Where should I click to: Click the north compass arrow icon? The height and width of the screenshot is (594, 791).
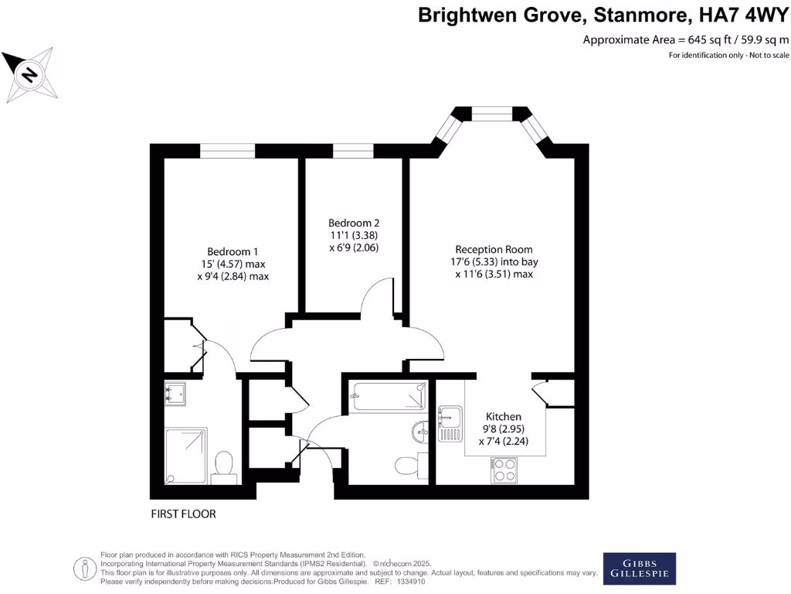(x=29, y=75)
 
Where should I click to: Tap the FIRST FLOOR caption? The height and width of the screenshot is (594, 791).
(x=184, y=514)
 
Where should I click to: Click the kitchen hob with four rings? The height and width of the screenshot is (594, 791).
(x=504, y=470)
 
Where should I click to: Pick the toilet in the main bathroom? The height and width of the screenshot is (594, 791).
(x=406, y=465)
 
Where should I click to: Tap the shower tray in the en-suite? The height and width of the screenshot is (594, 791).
(x=186, y=455)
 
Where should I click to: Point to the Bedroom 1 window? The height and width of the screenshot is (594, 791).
(x=227, y=152)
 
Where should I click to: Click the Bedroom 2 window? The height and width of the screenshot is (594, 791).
(x=353, y=152)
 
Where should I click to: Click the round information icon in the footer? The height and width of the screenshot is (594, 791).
(x=83, y=568)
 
